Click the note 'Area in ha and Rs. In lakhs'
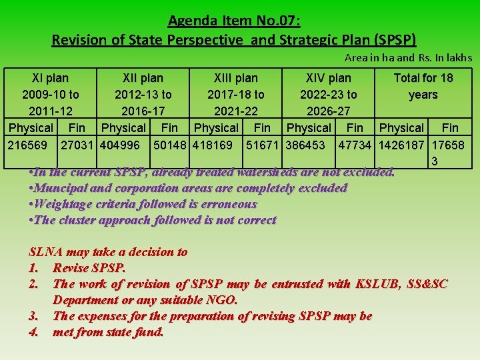pyautogui.click(x=408, y=58)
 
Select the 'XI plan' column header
pyautogui.click(x=51, y=78)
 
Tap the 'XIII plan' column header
pyautogui.click(x=235, y=78)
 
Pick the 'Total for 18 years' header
pyautogui.click(x=423, y=86)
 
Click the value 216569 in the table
pyautogui.click(x=31, y=145)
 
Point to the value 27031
pyautogui.click(x=78, y=145)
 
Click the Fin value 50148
pyautogui.click(x=171, y=145)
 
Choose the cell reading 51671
pyautogui.click(x=263, y=145)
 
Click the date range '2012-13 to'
pyautogui.click(x=143, y=95)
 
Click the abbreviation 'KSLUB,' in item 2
pyautogui.click(x=371, y=284)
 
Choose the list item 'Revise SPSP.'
pyautogui.click(x=89, y=268)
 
